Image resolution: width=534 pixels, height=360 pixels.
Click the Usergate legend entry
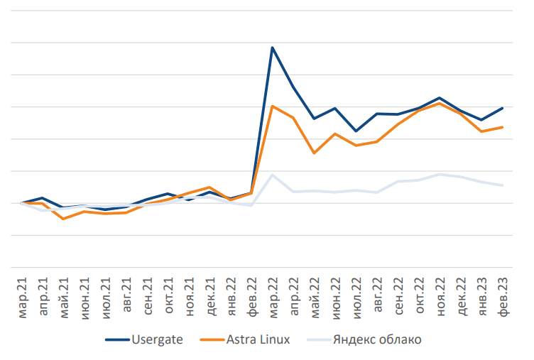coord(157,339)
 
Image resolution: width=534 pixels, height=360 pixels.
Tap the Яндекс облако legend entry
coord(377,339)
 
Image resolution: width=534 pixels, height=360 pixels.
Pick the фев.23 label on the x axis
coord(503,295)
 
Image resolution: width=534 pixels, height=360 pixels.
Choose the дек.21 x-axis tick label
coord(210,295)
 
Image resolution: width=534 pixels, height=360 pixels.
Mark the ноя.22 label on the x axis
coord(440,295)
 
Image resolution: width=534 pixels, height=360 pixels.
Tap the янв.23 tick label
coord(482,295)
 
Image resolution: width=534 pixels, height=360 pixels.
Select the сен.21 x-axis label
coord(148,295)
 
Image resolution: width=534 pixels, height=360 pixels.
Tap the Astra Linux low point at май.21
coord(63,219)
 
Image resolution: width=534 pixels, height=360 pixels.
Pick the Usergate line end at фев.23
coord(503,108)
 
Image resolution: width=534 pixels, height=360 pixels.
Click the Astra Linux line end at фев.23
coord(503,127)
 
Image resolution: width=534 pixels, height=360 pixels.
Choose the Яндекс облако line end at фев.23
coord(503,185)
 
